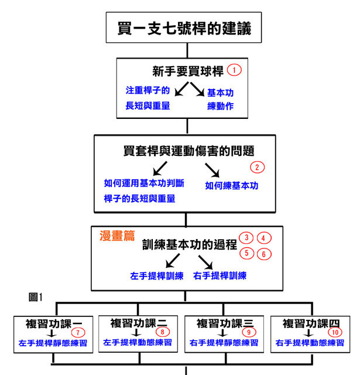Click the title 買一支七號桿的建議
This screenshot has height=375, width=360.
pyautogui.click(x=184, y=28)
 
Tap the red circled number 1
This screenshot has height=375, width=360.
pyautogui.click(x=234, y=70)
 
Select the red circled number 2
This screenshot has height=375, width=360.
pyautogui.click(x=258, y=167)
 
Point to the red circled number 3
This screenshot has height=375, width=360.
pyautogui.click(x=246, y=238)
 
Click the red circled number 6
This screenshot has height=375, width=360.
pyautogui.click(x=264, y=254)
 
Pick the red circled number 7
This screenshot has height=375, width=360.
pyautogui.click(x=78, y=332)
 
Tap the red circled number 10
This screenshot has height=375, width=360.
pyautogui.click(x=335, y=332)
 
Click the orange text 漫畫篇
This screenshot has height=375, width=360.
pyautogui.click(x=117, y=236)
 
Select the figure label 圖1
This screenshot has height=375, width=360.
pyautogui.click(x=35, y=297)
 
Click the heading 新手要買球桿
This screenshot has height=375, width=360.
pyautogui.click(x=188, y=71)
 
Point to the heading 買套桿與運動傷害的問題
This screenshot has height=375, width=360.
pyautogui.click(x=188, y=151)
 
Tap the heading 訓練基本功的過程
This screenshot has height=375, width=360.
pyautogui.click(x=190, y=244)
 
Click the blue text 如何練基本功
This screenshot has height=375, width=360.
pyautogui.click(x=231, y=186)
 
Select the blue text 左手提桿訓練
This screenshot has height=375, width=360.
pyautogui.click(x=157, y=276)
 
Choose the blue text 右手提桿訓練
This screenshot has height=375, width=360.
pyautogui.click(x=220, y=275)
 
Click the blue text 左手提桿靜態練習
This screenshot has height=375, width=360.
pyautogui.click(x=53, y=343)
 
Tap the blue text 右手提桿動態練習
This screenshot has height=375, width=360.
pyautogui.click(x=310, y=343)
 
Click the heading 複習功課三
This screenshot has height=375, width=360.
pyautogui.click(x=225, y=323)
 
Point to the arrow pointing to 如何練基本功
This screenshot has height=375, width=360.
pyautogui.click(x=212, y=170)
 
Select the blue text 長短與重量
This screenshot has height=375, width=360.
pyautogui.click(x=148, y=105)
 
